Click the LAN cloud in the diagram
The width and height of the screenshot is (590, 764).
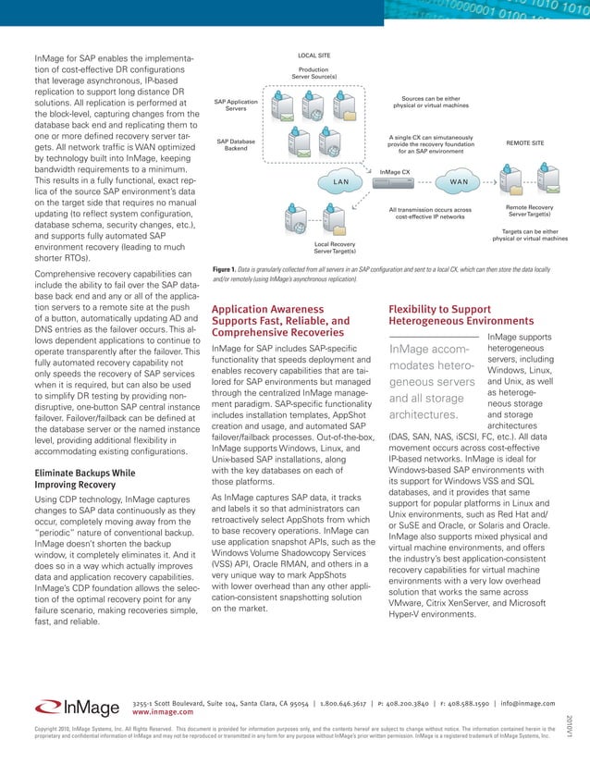[340, 181]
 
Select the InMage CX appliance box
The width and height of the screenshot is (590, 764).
[399, 183]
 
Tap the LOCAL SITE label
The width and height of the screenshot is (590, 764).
[313, 55]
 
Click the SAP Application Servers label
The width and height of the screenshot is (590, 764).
[236, 105]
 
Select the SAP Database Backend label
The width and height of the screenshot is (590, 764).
[236, 145]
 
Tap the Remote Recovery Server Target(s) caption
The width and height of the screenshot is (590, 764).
[529, 212]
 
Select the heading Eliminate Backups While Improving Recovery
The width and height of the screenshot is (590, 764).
[73, 476]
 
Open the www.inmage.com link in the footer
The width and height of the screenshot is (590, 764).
[163, 712]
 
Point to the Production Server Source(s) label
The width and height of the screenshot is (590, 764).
[313, 73]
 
